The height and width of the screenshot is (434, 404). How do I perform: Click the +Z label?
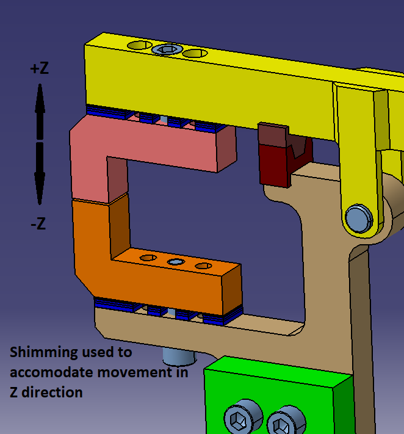coord(39,68)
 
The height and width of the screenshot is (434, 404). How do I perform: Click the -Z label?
coord(38,224)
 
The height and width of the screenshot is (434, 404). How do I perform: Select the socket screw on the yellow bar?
coord(167,49)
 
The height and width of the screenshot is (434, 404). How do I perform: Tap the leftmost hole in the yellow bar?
coord(139,46)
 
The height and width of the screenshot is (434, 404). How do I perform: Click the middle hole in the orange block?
coord(176,262)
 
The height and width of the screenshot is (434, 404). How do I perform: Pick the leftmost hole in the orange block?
coord(148,258)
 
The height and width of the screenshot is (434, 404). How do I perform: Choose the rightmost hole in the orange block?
coord(203,266)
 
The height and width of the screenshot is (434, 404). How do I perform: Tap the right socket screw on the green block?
coord(283,422)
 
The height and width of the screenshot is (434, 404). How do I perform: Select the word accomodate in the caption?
coord(47,372)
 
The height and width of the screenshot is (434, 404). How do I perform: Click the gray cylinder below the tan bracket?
coord(178,355)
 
